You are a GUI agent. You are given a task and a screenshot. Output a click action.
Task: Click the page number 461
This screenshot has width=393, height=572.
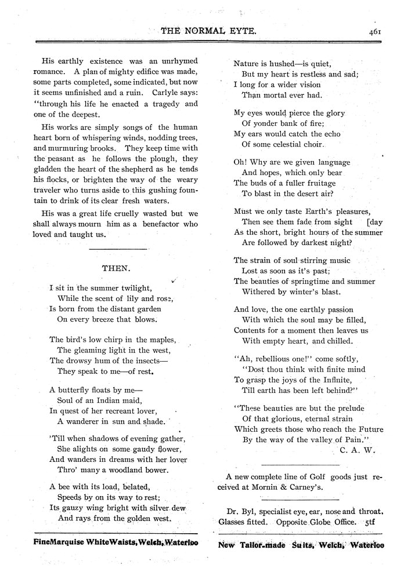(x=373, y=32)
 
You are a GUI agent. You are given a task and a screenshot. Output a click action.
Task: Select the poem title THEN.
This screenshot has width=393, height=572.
(x=116, y=269)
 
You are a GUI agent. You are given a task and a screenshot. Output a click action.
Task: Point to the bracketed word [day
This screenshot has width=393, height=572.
(x=375, y=221)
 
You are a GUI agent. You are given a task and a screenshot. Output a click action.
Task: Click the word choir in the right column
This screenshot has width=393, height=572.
(x=309, y=144)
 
